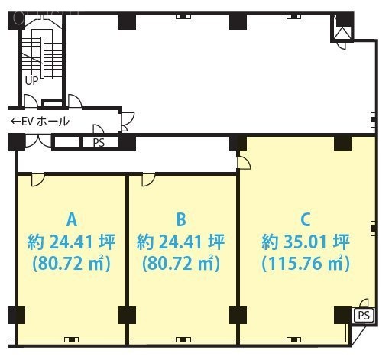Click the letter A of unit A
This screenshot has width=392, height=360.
coord(72,220)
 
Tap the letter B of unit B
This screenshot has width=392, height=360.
coord(181,220)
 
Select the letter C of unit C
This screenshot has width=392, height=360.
coord(305,220)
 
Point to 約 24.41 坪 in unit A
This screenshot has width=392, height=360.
coord(72,243)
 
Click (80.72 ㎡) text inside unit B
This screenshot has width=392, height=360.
coord(181,264)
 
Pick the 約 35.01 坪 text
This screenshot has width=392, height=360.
coord(305,243)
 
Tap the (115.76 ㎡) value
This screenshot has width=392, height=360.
coord(305,264)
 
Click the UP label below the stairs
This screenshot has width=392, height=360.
coord(32,80)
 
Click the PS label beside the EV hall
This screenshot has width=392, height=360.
coord(99,142)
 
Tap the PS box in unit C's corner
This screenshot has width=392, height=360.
coord(362,315)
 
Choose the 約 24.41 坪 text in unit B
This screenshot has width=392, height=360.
coord(181,243)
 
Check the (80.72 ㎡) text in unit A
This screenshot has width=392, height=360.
coord(72,264)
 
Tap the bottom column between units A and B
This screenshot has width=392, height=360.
coord(126,314)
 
